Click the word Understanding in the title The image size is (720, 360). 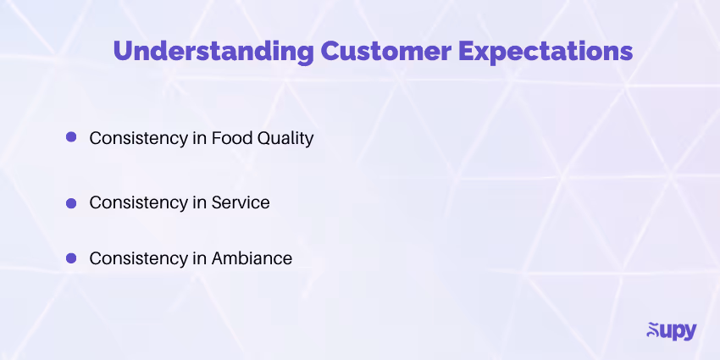(213, 51)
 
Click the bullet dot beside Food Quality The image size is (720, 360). (71, 136)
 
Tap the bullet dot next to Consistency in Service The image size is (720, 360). (71, 202)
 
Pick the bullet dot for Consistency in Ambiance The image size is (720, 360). (71, 258)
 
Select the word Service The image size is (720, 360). (241, 203)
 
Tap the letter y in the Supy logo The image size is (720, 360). (687, 332)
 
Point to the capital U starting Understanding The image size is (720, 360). (123, 51)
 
